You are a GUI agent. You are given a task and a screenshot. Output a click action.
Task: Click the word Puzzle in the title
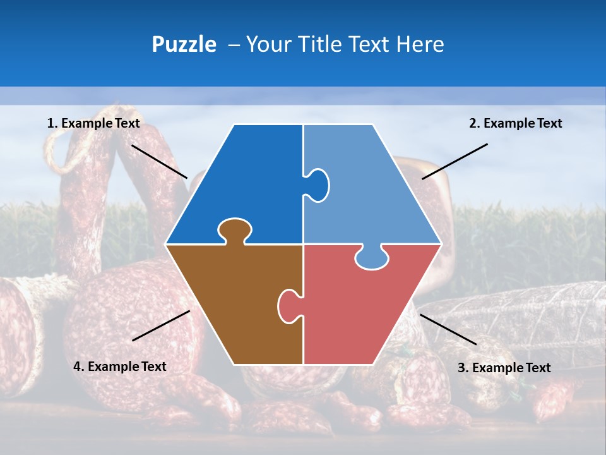184,44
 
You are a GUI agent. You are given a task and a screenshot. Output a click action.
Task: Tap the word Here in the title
420,44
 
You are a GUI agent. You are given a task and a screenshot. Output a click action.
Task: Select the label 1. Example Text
93,123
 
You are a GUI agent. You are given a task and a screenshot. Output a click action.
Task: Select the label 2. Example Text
515,123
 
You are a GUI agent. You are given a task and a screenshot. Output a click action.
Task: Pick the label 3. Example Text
504,368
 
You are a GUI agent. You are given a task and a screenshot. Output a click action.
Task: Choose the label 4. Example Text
120,367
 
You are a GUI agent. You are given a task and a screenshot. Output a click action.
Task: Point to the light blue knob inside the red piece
371,258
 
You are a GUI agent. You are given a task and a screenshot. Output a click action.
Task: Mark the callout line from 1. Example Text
159,161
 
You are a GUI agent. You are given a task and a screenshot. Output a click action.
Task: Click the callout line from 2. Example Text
454,161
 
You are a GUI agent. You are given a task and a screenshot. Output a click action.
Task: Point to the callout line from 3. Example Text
448,329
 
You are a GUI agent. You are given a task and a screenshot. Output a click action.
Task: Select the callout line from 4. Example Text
161,325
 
